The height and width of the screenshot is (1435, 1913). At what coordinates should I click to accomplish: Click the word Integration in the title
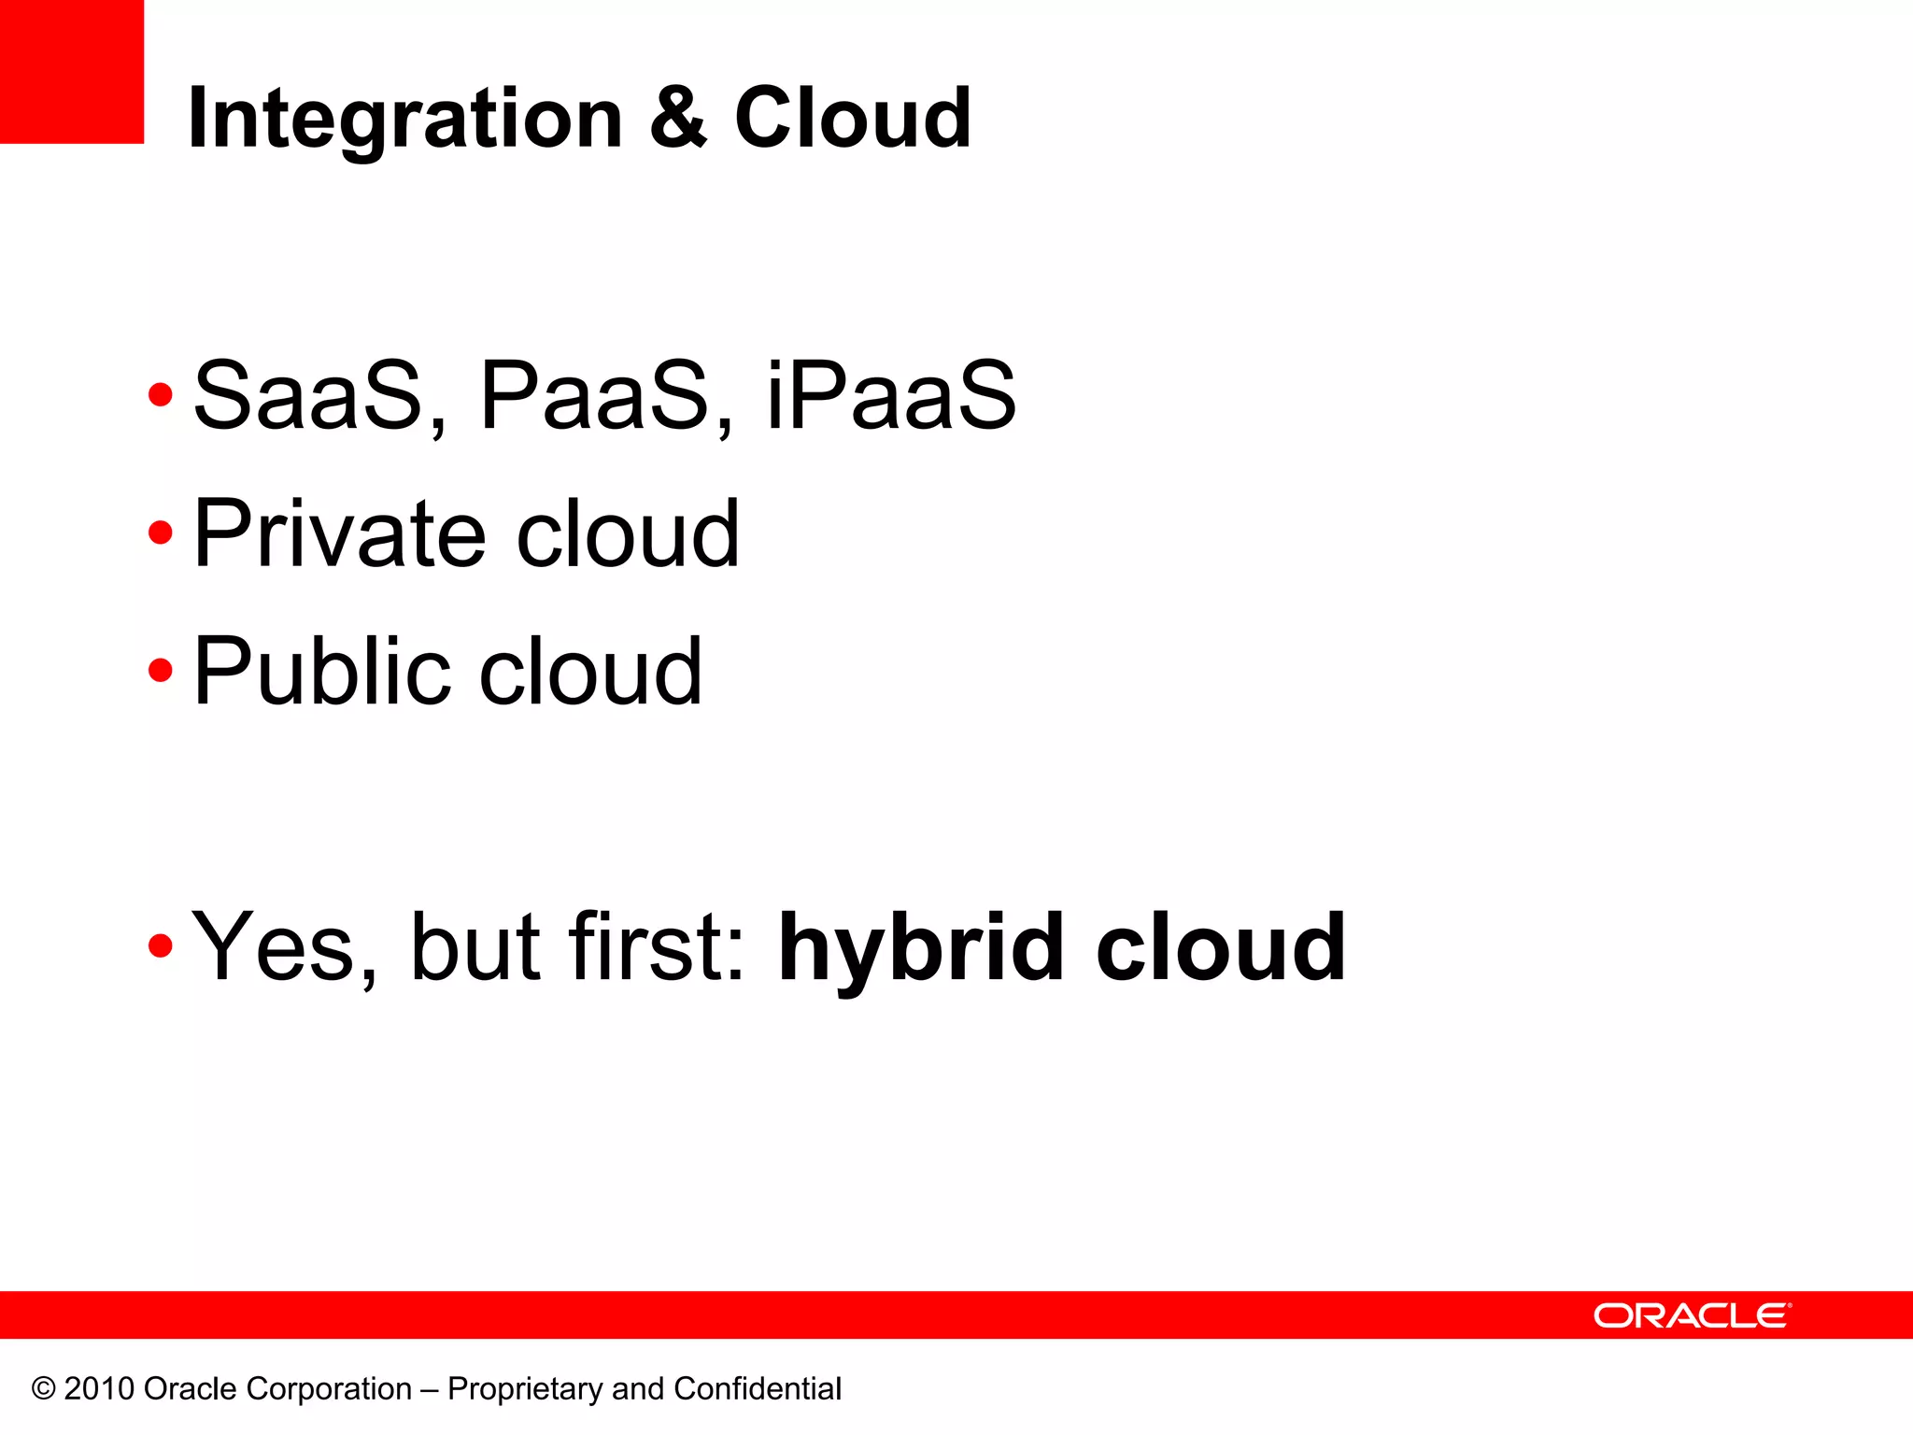click(x=404, y=119)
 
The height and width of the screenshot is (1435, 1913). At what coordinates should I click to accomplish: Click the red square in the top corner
click(x=71, y=71)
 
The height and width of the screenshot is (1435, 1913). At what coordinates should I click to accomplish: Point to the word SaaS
click(x=308, y=396)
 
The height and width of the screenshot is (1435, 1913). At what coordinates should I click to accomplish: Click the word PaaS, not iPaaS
click(x=594, y=396)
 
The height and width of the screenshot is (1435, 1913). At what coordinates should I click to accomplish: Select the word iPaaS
click(x=890, y=396)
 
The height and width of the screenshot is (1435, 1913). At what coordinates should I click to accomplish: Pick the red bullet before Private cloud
click(x=161, y=533)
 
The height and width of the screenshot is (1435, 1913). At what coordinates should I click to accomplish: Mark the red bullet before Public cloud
click(x=161, y=670)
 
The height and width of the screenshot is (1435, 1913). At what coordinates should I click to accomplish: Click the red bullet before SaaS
click(x=161, y=394)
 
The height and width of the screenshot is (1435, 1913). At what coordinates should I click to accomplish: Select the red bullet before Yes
click(x=161, y=945)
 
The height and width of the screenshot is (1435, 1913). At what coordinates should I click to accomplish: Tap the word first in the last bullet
click(x=658, y=947)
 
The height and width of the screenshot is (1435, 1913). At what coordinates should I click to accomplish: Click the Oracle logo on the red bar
click(x=1692, y=1315)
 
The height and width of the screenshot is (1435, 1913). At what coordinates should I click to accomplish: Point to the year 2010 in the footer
click(x=99, y=1389)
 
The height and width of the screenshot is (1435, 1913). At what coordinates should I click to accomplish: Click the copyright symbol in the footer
click(x=43, y=1389)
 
